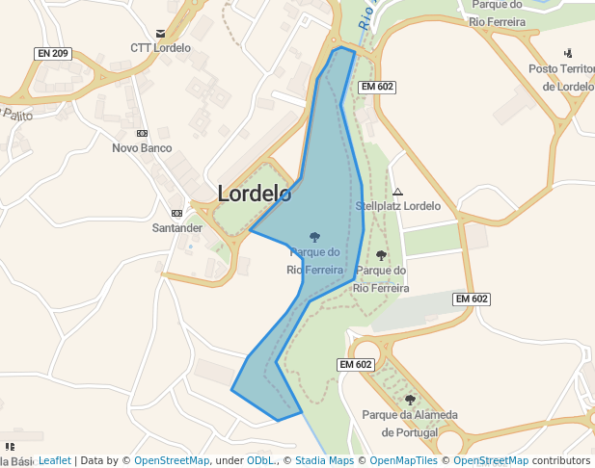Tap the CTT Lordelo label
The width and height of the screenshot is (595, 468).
point(161,47)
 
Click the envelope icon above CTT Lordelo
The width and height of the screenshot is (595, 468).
point(160,32)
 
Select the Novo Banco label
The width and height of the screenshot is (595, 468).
point(142,148)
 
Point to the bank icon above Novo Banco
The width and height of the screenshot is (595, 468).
point(142,133)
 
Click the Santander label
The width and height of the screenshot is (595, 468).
point(177,228)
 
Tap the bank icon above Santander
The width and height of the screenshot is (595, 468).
point(176,213)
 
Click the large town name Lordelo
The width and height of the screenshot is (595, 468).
point(255,194)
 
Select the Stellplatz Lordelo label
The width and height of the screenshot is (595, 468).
point(397,206)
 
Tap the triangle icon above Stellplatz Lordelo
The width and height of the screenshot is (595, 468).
point(397,192)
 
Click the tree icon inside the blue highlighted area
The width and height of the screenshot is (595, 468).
point(314,236)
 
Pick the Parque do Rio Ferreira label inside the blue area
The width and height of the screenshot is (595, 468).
point(314,261)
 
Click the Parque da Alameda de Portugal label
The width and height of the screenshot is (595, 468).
point(410,424)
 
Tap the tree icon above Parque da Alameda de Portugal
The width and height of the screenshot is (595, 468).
point(410,400)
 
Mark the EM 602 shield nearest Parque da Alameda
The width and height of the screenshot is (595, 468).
point(356,365)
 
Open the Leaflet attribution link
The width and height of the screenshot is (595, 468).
point(55,460)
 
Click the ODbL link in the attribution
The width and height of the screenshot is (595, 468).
point(260,460)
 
